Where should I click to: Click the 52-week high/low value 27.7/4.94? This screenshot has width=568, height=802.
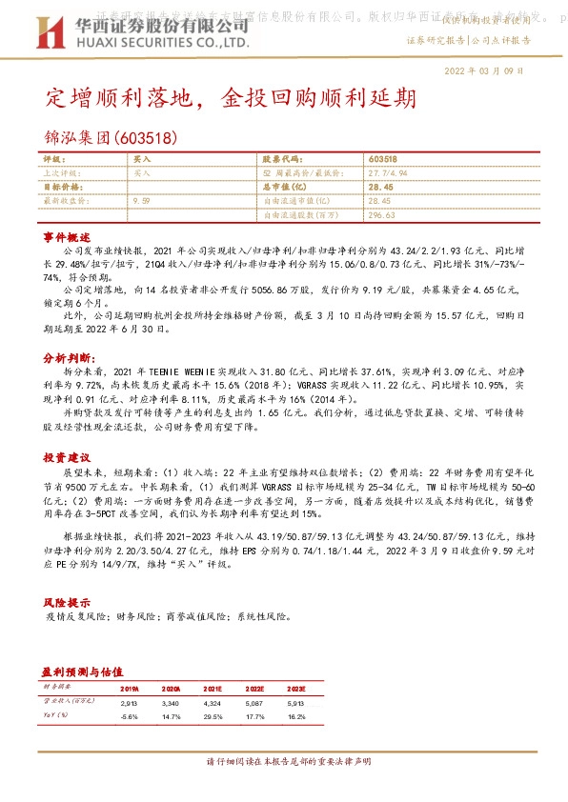[x=388, y=173]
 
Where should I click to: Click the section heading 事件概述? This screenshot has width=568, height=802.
[x=66, y=235]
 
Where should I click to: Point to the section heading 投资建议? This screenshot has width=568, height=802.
[x=66, y=457]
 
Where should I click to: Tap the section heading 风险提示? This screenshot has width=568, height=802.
[x=66, y=603]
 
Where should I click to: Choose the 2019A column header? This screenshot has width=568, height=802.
[x=130, y=687]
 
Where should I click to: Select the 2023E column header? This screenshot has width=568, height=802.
[x=296, y=687]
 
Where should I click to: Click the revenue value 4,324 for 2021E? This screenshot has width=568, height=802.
[x=213, y=701]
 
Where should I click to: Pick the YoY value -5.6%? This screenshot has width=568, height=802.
[x=130, y=714]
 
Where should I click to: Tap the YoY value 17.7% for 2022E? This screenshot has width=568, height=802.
[x=254, y=714]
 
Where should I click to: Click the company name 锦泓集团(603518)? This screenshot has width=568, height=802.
[x=111, y=137]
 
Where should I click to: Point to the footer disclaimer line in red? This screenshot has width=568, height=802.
[x=283, y=762]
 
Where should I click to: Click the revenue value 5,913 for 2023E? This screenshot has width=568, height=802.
[x=296, y=701]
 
